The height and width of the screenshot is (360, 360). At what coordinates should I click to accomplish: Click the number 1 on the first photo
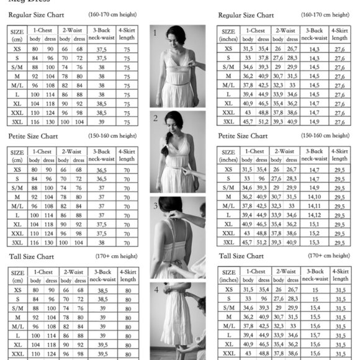(x=155, y=33)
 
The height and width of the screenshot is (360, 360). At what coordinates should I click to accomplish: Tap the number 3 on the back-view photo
(x=155, y=205)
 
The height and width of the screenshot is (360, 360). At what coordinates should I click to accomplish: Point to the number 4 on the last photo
(x=156, y=290)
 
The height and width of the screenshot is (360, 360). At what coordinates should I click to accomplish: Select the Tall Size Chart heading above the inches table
(x=241, y=256)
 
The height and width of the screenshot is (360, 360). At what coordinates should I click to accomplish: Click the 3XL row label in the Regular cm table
(x=18, y=122)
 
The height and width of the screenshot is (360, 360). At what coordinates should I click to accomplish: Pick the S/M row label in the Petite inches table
(x=228, y=187)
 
